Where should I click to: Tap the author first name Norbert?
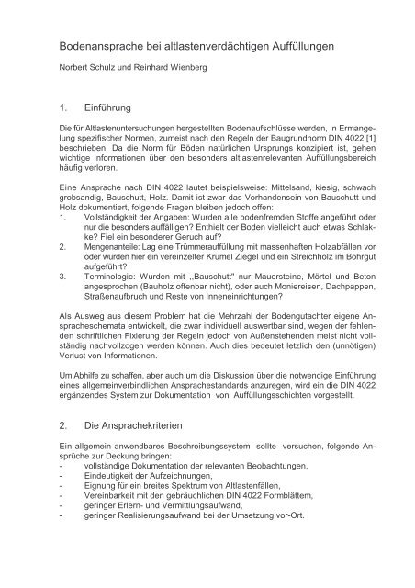coord(72,69)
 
